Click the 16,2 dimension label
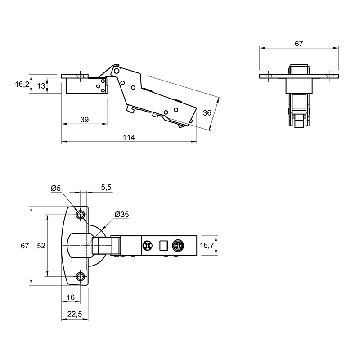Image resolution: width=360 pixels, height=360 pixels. [x=22, y=84]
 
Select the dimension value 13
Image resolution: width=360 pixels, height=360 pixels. [x=41, y=86]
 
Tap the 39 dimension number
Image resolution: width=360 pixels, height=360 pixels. [x=84, y=119]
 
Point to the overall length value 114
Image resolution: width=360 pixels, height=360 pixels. [x=129, y=137]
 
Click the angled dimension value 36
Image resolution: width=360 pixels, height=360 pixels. [x=207, y=112]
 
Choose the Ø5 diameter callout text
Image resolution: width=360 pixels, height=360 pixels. [x=56, y=188]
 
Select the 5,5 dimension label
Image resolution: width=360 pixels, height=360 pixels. [x=106, y=188]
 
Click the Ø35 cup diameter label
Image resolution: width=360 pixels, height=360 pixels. [x=121, y=215]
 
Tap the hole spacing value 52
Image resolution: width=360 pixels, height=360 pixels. [x=41, y=246]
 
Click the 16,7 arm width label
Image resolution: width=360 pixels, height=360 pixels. [x=207, y=245]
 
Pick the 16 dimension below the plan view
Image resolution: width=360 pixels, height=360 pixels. [x=71, y=297]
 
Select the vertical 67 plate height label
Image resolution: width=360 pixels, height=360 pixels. [x=24, y=246]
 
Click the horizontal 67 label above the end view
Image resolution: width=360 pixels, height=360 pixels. [x=299, y=44]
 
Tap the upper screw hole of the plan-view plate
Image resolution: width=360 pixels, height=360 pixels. [x=81, y=215]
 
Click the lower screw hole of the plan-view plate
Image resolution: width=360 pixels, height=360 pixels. [x=81, y=276]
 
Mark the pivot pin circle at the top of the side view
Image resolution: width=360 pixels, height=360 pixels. [x=117, y=71]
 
